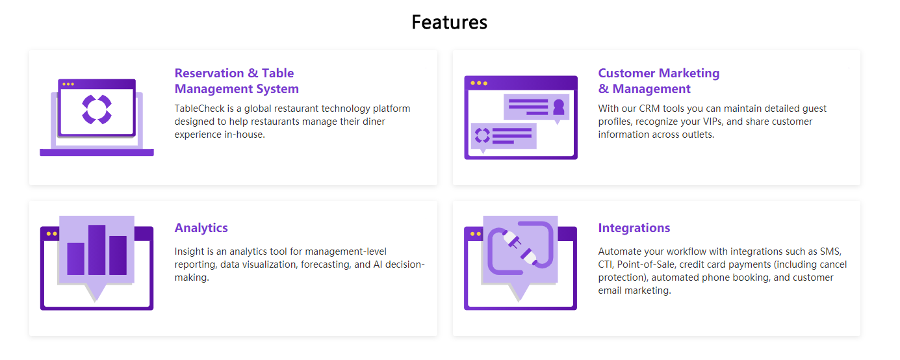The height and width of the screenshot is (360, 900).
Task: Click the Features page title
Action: tap(449, 22)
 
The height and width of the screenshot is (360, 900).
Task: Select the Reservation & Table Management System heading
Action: tap(237, 81)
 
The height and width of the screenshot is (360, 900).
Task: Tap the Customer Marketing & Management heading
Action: tap(658, 81)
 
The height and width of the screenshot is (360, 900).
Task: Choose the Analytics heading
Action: tap(201, 228)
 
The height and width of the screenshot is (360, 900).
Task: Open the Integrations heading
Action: tap(634, 228)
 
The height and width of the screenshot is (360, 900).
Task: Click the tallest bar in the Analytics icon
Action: tap(97, 250)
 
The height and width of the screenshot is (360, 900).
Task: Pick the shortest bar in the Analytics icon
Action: tap(76, 259)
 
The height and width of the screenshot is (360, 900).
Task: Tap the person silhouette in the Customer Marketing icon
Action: tap(558, 107)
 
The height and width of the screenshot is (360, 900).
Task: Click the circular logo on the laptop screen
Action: tap(97, 109)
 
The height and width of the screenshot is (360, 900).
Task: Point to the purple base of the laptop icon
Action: tap(97, 152)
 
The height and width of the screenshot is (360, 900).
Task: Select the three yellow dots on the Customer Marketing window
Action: tap(479, 83)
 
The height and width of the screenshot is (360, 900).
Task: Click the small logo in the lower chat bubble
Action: tap(482, 135)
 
